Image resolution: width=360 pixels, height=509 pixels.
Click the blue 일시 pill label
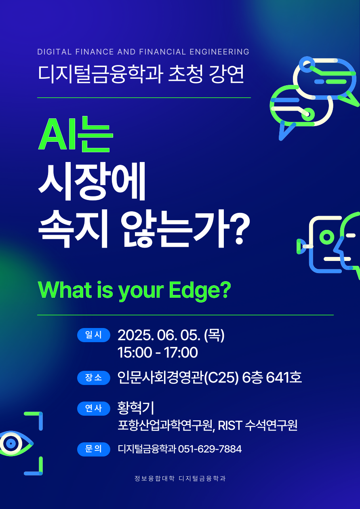[x=94, y=335]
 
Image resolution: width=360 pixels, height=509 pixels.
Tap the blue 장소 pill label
[x=94, y=378]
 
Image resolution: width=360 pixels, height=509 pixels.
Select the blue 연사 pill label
[x=94, y=408]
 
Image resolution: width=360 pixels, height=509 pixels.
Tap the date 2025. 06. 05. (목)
[x=171, y=335]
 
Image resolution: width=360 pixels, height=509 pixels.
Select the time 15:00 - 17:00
[x=158, y=352]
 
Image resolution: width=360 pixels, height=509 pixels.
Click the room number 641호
[x=284, y=377]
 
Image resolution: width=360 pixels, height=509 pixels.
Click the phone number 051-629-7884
[x=210, y=449]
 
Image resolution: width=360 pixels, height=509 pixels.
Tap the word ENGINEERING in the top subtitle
[x=219, y=52]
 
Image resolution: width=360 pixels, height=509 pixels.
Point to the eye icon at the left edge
[x=16, y=443]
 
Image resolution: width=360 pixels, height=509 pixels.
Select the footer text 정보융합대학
[x=154, y=478]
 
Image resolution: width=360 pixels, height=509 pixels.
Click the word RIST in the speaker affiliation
[x=229, y=425]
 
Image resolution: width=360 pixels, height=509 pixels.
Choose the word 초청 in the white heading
[x=185, y=74]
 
